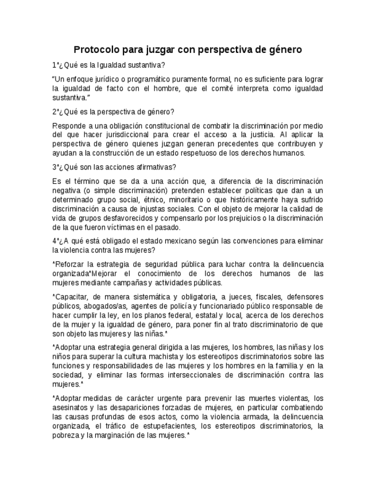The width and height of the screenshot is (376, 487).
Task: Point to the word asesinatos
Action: (68, 408)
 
